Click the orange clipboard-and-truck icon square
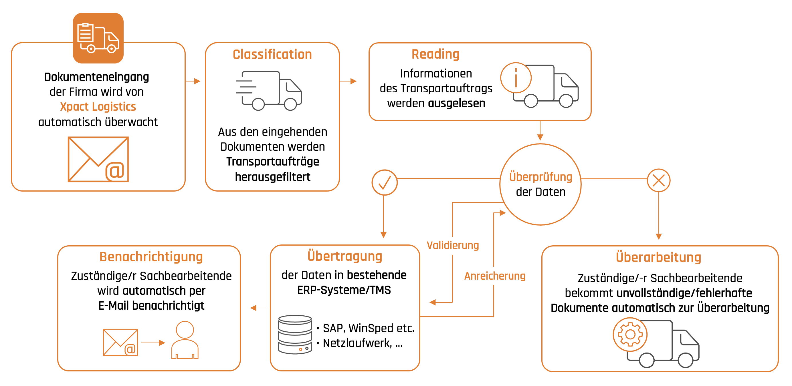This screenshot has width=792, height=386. pos(98,38)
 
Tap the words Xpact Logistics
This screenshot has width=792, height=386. pos(98,107)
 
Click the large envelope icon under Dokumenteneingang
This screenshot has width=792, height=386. pos(98,159)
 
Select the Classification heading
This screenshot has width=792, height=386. pos(272,54)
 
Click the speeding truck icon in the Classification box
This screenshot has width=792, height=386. pos(269,90)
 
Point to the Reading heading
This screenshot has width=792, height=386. pos(435,54)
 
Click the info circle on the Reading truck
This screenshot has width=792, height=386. pos(516,78)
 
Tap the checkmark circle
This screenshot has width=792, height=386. pos(384,182)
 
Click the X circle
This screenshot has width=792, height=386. pos(659,180)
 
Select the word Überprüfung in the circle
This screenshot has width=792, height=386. pos(540,177)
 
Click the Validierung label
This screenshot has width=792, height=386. pos(453,245)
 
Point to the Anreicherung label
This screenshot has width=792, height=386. pos(495,276)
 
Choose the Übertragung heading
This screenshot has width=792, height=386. pos(345,256)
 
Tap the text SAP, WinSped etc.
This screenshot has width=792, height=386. pos(368,328)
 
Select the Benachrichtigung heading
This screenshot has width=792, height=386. pos(151,257)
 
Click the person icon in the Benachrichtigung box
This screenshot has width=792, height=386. pos(185,340)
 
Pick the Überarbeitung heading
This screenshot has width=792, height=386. pos(659,257)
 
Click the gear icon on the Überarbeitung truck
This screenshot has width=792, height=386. pos(630,334)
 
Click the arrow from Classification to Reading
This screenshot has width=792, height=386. pos(348,81)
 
